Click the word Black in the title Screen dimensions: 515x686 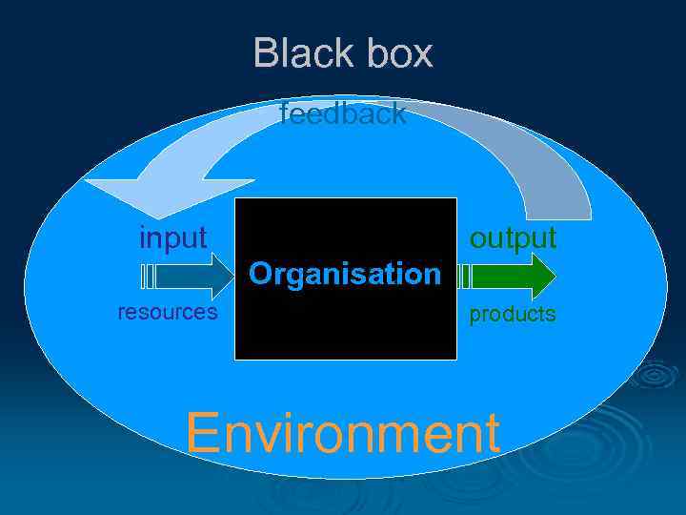[x=295, y=53]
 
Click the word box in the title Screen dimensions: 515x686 [x=393, y=53]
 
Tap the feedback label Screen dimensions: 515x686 [x=343, y=114]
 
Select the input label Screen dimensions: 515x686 [x=172, y=237]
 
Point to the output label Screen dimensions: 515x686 [x=513, y=237]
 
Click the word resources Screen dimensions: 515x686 [x=167, y=312]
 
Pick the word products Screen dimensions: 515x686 [x=512, y=314]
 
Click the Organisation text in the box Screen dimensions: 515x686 [x=345, y=275]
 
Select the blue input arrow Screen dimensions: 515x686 [x=195, y=277]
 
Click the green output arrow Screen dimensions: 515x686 [x=514, y=277]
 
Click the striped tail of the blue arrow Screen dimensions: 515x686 [x=147, y=277]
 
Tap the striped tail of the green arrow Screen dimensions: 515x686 [x=465, y=277]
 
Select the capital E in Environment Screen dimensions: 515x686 [x=203, y=433]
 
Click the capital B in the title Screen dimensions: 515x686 [x=266, y=53]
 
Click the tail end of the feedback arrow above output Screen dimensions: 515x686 [x=572, y=212]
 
